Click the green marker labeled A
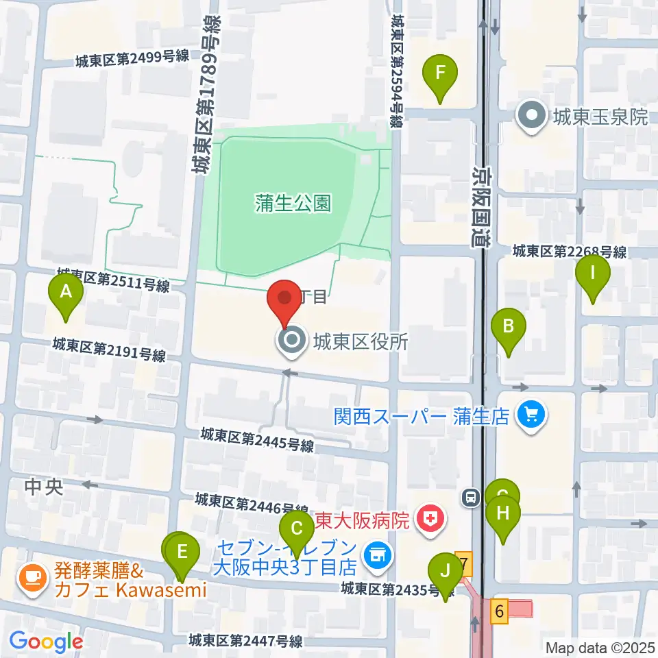click(66, 293)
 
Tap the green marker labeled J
click(446, 572)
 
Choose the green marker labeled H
click(503, 514)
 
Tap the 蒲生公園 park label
click(293, 203)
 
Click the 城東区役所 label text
click(361, 341)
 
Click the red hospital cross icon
click(430, 517)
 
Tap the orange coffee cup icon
click(32, 578)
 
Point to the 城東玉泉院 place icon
click(531, 117)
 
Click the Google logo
click(47, 641)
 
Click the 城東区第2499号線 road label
click(132, 61)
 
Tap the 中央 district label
click(43, 487)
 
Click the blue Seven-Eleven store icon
click(375, 555)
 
